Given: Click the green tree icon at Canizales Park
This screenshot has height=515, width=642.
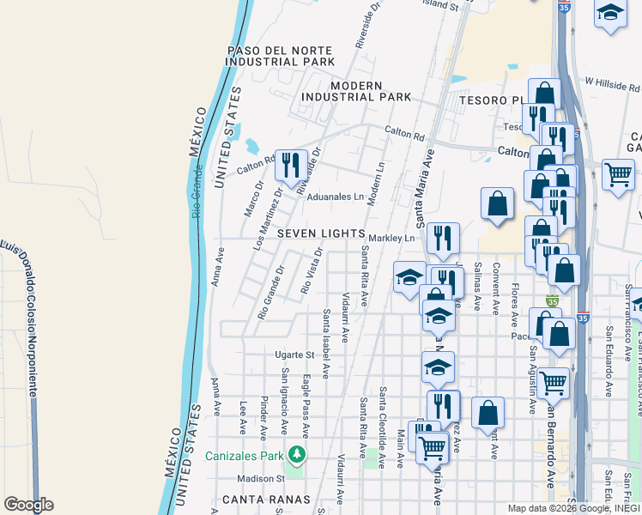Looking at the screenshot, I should (x=297, y=452).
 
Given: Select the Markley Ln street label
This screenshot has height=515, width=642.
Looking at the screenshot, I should (x=392, y=238).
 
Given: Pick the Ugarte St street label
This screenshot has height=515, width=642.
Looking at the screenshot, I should (x=294, y=354).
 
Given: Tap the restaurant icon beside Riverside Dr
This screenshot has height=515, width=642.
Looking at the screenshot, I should (x=292, y=163).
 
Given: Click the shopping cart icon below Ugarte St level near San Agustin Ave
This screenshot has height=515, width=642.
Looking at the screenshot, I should (x=553, y=381).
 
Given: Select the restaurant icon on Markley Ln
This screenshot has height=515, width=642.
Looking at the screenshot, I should (x=442, y=237).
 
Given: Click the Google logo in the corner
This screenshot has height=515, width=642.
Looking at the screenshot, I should (x=28, y=505).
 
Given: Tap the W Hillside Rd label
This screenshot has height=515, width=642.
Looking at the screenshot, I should (x=611, y=83).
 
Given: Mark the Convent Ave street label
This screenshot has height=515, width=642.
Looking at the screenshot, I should (x=496, y=289).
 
